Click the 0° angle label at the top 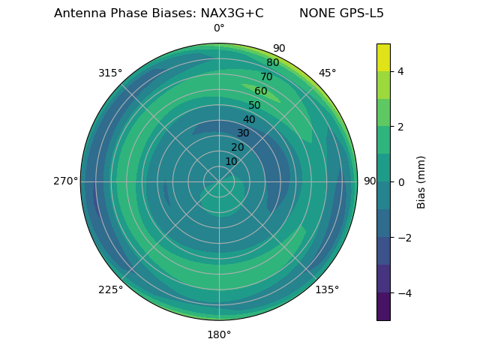pos(219,28)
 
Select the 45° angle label pos(327,73)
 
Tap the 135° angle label pos(327,289)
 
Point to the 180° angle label pos(219,334)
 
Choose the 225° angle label pos(110,289)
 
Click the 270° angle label pos(65,181)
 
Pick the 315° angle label pos(110,73)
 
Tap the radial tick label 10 pos(231,161)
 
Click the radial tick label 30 pos(243,133)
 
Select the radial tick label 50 pos(254,105)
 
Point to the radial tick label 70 pos(266,76)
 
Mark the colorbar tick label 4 pos(400,71)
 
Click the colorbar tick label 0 pos(400,181)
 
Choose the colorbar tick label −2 pos(403,237)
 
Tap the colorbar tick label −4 pos(403,292)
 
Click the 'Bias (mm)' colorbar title pos(421,181)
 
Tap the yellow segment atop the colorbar pos(383,57)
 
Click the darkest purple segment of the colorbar pos(383,306)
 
